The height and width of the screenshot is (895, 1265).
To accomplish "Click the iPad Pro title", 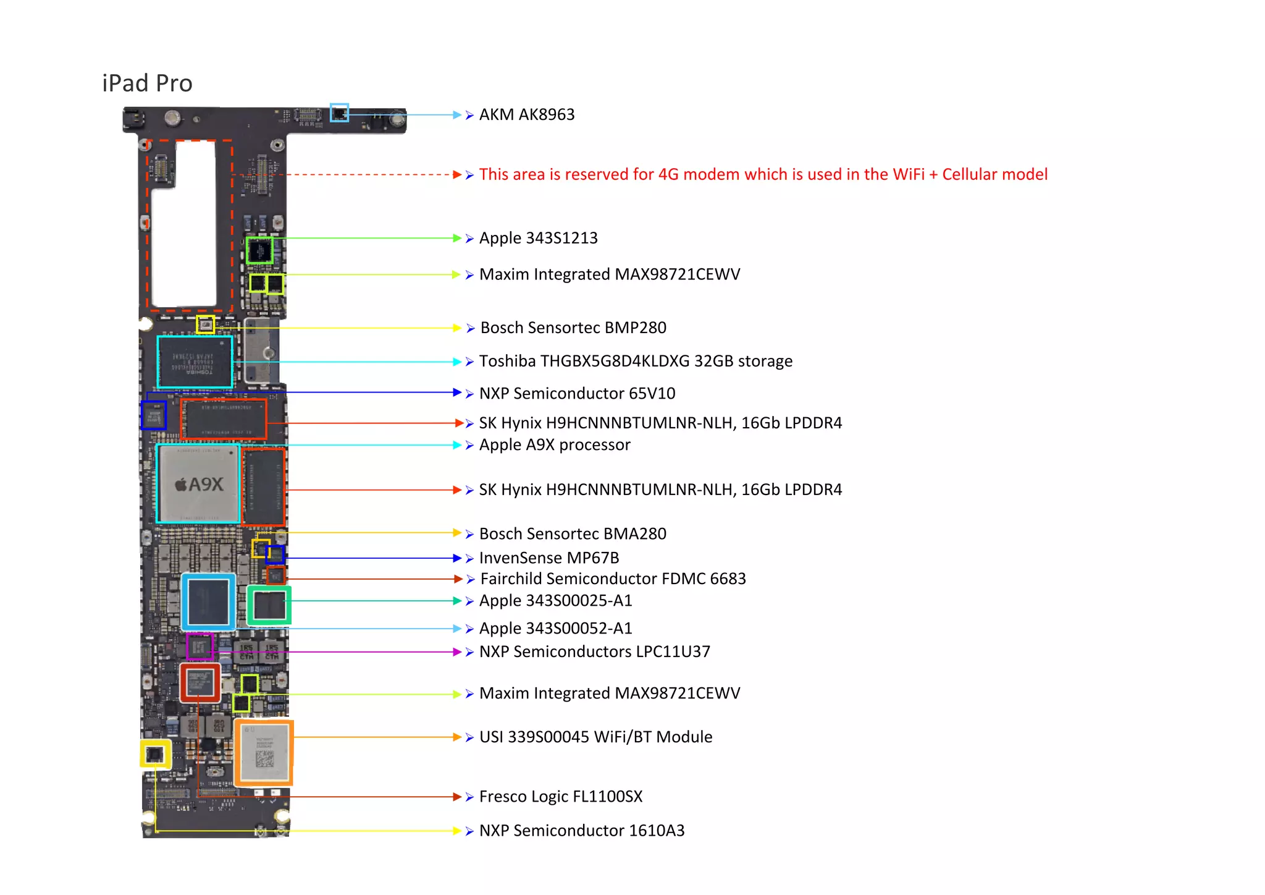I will [147, 83].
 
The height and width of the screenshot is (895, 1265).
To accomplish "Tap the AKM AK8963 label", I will [526, 115].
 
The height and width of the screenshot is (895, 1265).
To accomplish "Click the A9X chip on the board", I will [198, 484].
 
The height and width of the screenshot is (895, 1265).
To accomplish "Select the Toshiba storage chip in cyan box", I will [195, 362].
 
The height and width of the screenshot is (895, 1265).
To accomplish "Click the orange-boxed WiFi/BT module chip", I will [264, 752].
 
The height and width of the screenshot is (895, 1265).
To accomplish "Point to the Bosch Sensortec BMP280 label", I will [573, 328].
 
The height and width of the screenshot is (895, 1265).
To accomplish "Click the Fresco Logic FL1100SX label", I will [560, 796].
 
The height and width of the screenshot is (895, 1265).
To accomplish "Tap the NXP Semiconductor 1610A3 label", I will [581, 830].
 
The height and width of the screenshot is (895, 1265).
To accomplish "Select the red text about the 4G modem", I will [763, 174].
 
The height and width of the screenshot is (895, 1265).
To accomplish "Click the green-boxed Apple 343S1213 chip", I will [259, 250].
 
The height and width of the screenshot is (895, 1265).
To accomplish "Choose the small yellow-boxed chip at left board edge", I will [154, 754].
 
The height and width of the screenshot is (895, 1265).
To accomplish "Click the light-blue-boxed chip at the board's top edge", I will [339, 112].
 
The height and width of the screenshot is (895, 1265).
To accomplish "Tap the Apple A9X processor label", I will [554, 445].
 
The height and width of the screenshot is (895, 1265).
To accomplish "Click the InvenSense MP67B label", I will [548, 558].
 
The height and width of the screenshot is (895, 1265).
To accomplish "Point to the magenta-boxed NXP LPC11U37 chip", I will [200, 647].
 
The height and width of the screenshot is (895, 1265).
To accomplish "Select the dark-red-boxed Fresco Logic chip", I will [200, 682].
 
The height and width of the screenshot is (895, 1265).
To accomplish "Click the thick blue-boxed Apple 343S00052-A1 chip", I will [209, 602].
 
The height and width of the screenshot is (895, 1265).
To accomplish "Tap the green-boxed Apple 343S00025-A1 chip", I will [269, 605].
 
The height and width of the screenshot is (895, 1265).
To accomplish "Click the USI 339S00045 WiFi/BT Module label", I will [595, 737].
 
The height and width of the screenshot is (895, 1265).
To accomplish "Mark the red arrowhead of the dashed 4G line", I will [457, 175].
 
